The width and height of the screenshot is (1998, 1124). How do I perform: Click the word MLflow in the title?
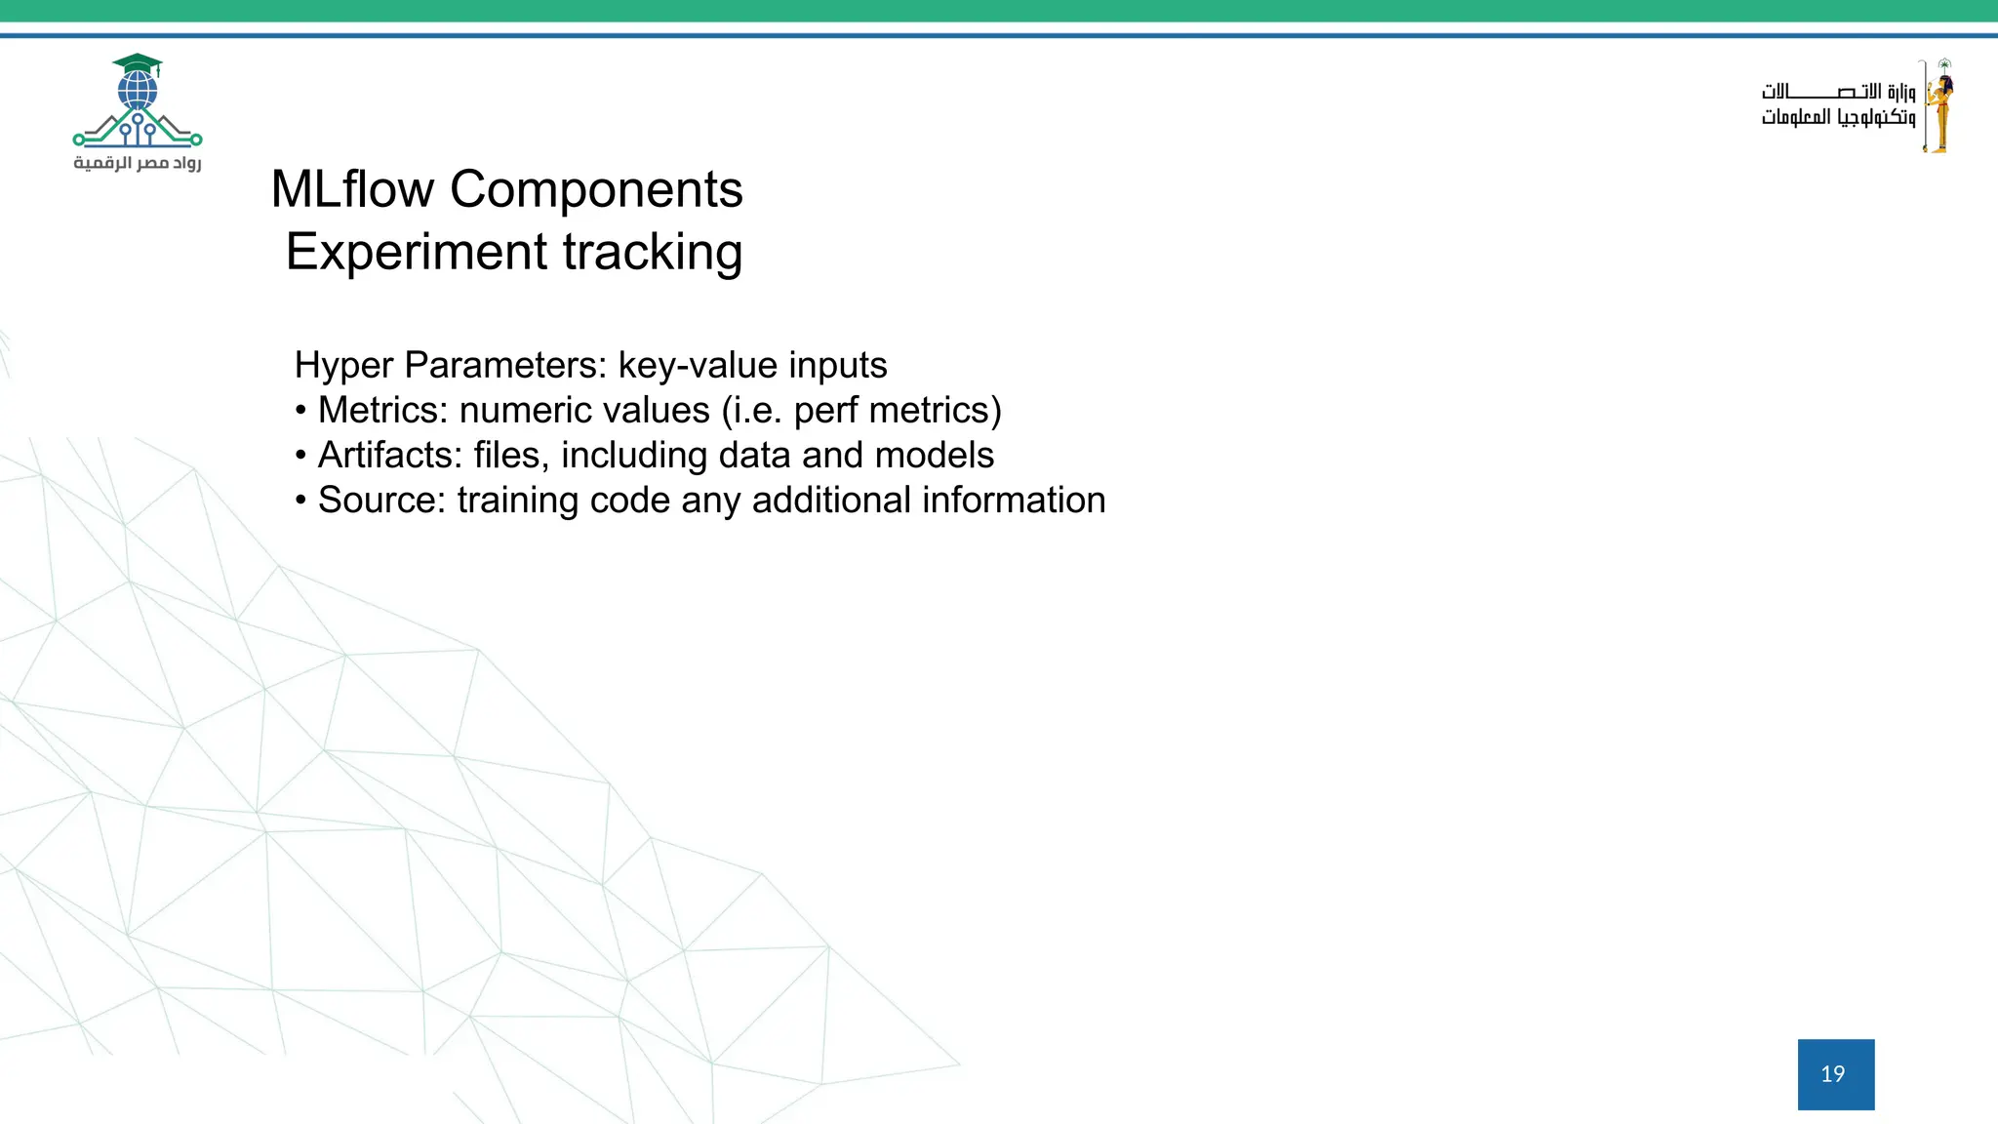[352, 189]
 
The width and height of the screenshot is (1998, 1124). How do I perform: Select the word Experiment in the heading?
[415, 252]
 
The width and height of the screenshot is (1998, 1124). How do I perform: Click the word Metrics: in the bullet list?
[383, 411]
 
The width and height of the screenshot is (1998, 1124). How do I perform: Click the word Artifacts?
[390, 456]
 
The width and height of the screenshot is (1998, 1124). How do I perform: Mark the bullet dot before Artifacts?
[300, 456]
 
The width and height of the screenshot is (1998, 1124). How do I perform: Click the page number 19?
[1834, 1074]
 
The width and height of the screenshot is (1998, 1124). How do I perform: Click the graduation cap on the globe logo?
[138, 64]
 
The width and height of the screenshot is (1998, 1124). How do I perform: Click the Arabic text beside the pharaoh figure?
[1838, 105]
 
